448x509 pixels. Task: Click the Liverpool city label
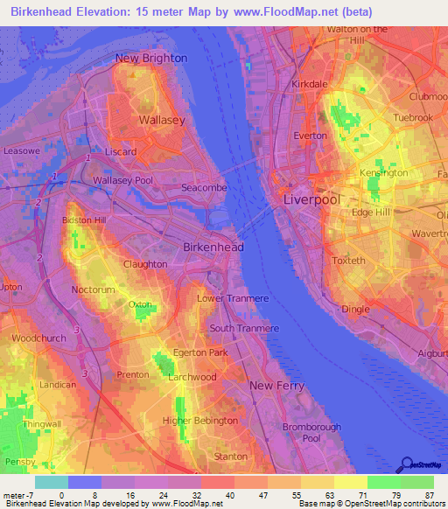tap(311, 199)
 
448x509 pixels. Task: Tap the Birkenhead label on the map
tap(213, 248)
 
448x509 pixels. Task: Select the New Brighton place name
tap(151, 58)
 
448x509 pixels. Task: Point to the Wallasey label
tap(160, 120)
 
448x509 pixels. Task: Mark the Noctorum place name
tap(94, 289)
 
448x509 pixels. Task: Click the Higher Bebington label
tap(200, 421)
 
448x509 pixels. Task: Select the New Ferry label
tap(276, 386)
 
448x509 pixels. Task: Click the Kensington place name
tap(383, 173)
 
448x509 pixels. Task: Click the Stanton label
tap(231, 457)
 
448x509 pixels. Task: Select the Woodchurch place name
tap(38, 338)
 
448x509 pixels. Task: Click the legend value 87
tap(429, 497)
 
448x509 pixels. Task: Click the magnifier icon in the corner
tap(405, 464)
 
